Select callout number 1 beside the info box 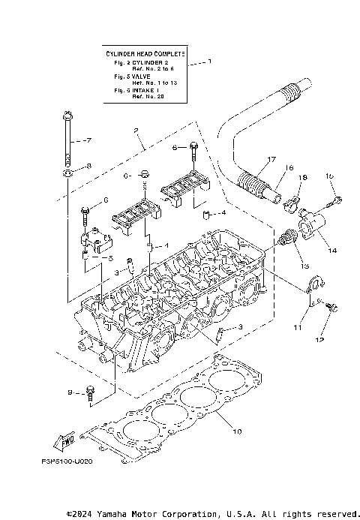(x=209, y=62)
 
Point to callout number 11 (x=297, y=328)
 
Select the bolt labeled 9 (x=90, y=391)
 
